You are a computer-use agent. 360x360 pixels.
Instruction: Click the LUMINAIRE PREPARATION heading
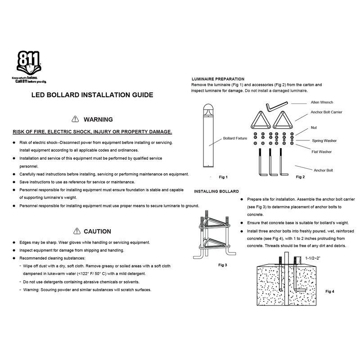click(218, 79)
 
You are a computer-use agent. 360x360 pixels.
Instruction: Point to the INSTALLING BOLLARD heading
click(216, 191)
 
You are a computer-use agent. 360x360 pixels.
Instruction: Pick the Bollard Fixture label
click(235, 138)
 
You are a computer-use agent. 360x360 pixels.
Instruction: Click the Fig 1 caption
click(224, 177)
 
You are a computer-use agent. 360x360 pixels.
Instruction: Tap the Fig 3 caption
click(222, 265)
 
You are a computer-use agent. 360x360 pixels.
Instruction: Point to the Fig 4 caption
click(330, 291)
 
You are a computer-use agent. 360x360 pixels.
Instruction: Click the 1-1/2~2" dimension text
click(315, 259)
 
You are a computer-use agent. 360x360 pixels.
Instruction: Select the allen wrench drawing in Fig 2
click(274, 107)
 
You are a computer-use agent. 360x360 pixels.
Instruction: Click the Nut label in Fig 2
click(313, 128)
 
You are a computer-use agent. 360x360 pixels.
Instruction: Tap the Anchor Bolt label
click(323, 171)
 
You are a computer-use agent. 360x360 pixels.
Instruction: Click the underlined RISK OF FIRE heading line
click(92, 132)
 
